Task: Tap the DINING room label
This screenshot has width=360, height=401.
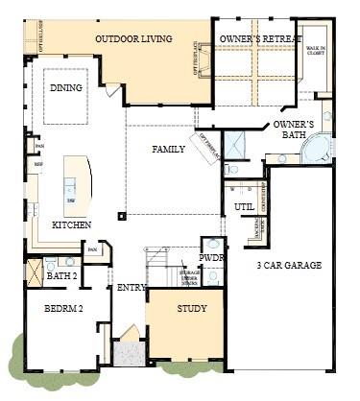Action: tap(65, 88)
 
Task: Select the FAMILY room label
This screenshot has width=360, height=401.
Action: tap(168, 150)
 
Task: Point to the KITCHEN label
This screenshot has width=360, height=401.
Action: tap(72, 224)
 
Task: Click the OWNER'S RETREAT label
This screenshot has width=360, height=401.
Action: tap(254, 39)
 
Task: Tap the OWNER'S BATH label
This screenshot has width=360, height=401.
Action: tap(294, 131)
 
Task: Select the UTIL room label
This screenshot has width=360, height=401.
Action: tap(244, 205)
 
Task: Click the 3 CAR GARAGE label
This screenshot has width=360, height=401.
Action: tap(289, 265)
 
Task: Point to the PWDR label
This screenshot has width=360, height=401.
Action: tap(211, 258)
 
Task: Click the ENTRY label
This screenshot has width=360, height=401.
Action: tap(131, 288)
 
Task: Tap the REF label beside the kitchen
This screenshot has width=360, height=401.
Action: tap(39, 164)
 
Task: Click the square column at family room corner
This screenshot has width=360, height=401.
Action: tap(120, 215)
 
